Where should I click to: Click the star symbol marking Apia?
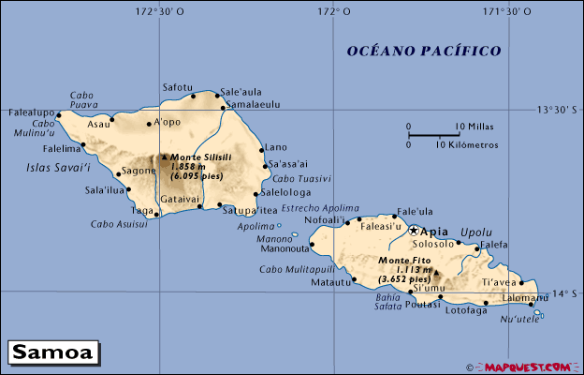(x=413, y=231)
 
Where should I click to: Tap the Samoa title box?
(x=52, y=352)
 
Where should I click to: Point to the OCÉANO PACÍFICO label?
(x=423, y=51)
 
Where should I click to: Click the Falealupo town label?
(x=30, y=111)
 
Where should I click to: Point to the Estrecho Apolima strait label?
(x=320, y=208)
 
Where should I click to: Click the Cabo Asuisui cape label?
(x=119, y=224)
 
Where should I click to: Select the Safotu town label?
(x=178, y=87)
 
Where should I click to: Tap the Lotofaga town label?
(x=465, y=310)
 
